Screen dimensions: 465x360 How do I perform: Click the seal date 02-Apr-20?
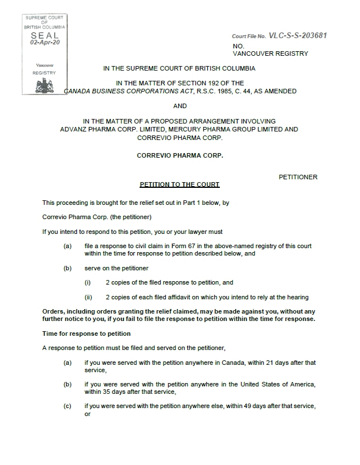45,42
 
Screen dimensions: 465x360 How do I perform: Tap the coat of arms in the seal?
45,86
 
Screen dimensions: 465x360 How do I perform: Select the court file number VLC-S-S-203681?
298,36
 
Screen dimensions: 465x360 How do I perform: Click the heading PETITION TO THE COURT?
179,185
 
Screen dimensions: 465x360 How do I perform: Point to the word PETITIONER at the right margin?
298,177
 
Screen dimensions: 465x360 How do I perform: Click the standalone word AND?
179,106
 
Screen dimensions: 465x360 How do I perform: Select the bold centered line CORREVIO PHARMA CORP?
179,155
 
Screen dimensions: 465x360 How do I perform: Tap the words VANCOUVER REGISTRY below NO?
271,54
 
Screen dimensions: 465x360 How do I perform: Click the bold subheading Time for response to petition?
87,334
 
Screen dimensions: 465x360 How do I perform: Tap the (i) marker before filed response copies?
88,282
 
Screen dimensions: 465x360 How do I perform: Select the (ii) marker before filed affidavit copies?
88,297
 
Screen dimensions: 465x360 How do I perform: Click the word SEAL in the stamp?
45,35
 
